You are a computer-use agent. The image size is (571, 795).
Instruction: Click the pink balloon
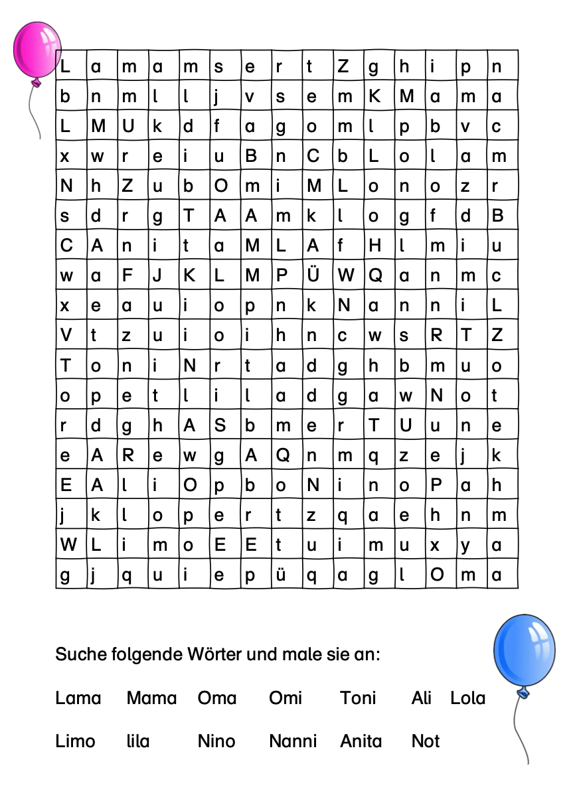(x=37, y=50)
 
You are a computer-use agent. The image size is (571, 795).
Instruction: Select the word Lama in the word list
(x=78, y=698)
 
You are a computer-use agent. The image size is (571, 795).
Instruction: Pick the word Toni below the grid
(x=358, y=698)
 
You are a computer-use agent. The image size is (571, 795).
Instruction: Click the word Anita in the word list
(x=361, y=741)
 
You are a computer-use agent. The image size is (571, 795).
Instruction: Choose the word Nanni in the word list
(x=293, y=741)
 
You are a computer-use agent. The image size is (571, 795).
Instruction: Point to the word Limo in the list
(x=75, y=741)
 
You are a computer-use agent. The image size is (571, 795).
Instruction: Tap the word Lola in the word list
(x=467, y=698)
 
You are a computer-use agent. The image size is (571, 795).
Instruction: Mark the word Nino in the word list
(x=216, y=741)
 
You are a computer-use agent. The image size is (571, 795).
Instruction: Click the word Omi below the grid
(x=285, y=698)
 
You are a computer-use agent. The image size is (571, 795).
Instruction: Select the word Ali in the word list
(x=421, y=698)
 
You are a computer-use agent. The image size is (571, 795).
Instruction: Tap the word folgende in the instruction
(x=138, y=655)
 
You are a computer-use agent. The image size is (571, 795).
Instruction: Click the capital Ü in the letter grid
(x=312, y=275)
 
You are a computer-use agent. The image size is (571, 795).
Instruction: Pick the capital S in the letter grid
(x=220, y=425)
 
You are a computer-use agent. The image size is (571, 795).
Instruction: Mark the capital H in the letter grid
(x=375, y=246)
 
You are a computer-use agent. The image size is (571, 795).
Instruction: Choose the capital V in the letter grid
(x=66, y=335)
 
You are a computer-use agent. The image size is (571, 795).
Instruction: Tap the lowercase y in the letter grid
(x=466, y=545)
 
